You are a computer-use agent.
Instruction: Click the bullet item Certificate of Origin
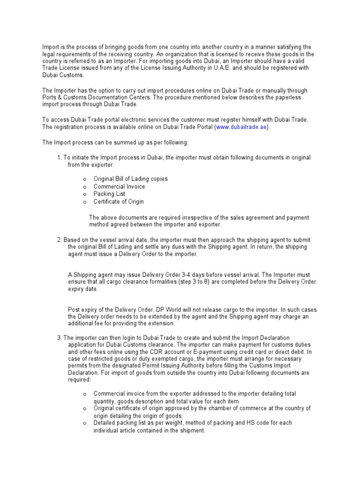tap(119, 202)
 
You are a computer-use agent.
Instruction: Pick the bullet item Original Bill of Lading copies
tap(130, 179)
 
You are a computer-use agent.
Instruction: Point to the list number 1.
tap(59, 157)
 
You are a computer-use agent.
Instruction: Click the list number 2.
tap(59, 240)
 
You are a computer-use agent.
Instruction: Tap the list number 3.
tap(59, 337)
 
